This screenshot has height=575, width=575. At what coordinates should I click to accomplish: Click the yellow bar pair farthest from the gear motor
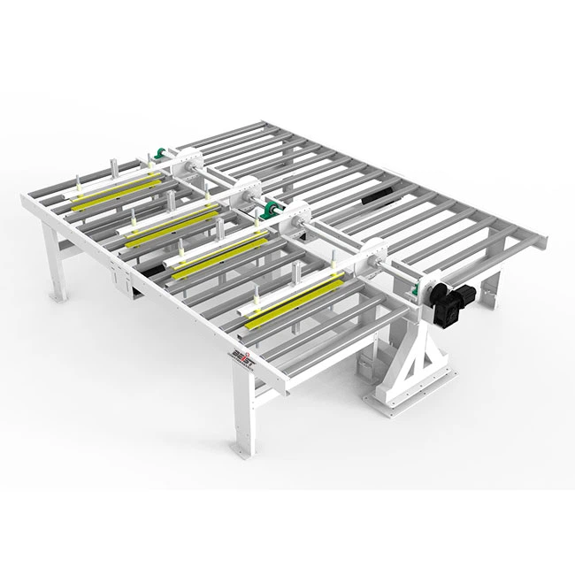tap(106, 194)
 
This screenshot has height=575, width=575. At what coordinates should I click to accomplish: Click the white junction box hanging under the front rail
tap(121, 282)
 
